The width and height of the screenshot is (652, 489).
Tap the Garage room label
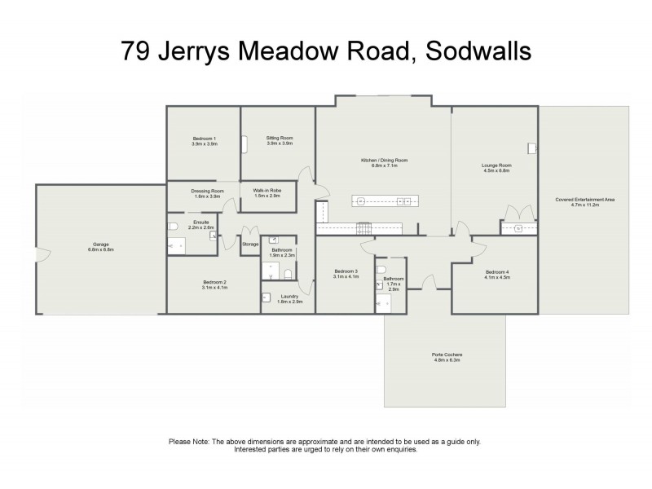click(x=102, y=244)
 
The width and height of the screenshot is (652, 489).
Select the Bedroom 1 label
click(x=205, y=139)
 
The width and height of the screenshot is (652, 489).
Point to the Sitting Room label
click(x=280, y=139)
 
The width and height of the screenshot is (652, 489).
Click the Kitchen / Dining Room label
click(x=384, y=161)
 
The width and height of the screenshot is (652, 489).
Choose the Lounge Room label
click(x=496, y=165)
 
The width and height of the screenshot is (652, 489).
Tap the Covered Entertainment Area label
click(x=584, y=199)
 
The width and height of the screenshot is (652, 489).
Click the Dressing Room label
click(x=204, y=192)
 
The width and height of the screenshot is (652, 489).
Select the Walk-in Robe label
click(x=267, y=192)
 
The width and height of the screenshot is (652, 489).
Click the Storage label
click(x=250, y=244)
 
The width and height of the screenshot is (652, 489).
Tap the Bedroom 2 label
click(x=214, y=282)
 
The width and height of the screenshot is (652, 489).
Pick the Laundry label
click(x=289, y=296)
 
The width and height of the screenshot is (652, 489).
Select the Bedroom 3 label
click(x=346, y=271)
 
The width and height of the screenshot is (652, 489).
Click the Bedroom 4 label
click(x=496, y=271)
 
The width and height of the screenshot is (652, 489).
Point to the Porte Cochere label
click(x=447, y=355)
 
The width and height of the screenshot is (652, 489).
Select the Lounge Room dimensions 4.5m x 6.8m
click(x=496, y=171)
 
